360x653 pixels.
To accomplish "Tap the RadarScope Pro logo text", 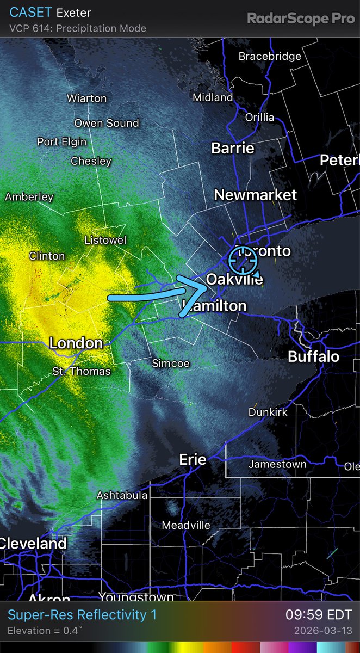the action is (301, 19).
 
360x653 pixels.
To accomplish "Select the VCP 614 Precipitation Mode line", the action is (78, 28).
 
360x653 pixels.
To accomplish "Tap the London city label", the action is (76, 343).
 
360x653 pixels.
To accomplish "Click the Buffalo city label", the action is (314, 357).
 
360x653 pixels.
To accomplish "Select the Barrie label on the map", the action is (233, 148).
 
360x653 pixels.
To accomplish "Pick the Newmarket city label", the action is (256, 195).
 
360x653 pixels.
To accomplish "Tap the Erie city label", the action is (193, 460).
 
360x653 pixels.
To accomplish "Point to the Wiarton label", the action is (87, 98).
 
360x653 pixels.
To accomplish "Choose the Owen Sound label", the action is (107, 124).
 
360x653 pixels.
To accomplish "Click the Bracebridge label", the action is (270, 57).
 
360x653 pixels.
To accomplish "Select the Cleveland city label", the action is (34, 543).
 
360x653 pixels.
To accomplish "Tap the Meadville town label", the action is (186, 526).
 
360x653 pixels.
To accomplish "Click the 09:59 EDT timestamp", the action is (319, 615).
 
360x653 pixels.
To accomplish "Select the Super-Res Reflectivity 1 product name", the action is (82, 615).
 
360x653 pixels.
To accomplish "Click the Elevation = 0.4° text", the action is (45, 631).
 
